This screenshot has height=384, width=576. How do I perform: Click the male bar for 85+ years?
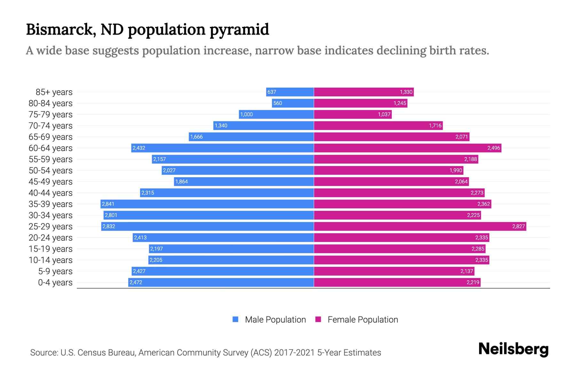[290, 92]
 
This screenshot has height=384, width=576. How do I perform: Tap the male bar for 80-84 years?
[293, 103]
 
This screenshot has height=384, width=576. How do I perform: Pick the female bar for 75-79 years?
[353, 114]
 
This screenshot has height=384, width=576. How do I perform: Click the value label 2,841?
[108, 204]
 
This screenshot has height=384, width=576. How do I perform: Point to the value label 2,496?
[493, 148]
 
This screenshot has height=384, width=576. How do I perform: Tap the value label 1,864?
[181, 181]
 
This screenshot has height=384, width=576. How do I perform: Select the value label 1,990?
[456, 170]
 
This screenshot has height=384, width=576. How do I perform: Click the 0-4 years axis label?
[55, 283]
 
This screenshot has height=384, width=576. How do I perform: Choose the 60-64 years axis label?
[51, 148]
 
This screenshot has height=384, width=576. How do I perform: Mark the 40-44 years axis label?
[51, 193]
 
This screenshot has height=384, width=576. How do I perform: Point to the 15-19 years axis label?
[51, 249]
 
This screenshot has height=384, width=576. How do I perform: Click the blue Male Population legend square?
[236, 319]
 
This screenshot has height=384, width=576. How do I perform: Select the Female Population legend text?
[363, 320]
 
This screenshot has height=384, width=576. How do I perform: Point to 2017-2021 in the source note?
[294, 353]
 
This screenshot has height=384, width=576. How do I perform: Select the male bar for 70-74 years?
[263, 125]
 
